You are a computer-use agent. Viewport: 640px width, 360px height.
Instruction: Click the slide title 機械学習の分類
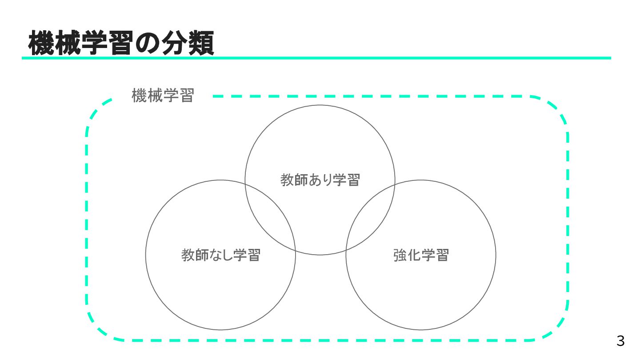click(121, 43)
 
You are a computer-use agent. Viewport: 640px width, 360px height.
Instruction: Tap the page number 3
click(620, 341)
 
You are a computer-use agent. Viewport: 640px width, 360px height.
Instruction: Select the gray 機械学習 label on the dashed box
click(163, 96)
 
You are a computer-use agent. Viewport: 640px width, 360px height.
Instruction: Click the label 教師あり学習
click(320, 180)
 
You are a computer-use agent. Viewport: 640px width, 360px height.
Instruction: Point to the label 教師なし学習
click(220, 255)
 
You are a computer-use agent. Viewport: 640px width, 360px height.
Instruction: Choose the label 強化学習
click(421, 255)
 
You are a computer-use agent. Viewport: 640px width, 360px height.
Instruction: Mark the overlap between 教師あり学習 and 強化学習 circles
click(370, 218)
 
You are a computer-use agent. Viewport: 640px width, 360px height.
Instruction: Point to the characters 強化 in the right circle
click(407, 255)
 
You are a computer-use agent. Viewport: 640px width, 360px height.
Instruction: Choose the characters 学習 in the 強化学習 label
click(435, 255)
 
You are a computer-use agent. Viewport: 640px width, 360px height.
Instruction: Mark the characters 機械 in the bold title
click(56, 43)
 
